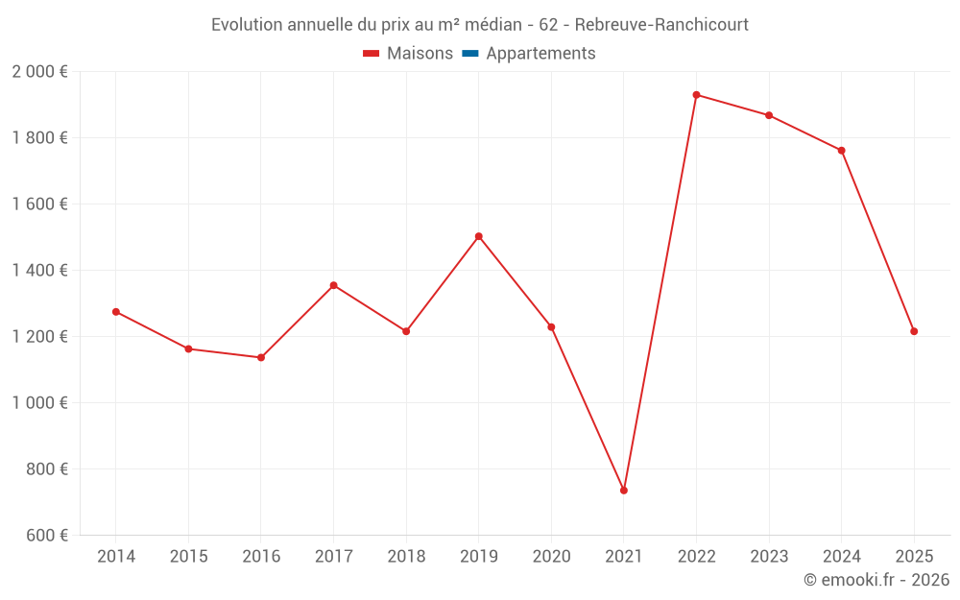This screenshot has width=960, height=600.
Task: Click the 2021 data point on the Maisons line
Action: [624, 491]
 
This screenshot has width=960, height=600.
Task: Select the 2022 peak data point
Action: [696, 95]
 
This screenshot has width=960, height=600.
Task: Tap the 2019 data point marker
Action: [479, 236]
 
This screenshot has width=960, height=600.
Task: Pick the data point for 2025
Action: [914, 331]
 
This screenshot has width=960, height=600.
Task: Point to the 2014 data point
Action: [116, 312]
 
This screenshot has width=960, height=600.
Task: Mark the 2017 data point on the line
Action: [333, 285]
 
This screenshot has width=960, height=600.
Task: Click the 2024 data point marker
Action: [842, 151]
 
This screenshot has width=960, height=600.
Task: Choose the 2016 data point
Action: [261, 358]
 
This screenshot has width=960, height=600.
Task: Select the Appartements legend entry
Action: [540, 54]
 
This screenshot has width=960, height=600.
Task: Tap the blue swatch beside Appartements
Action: [470, 54]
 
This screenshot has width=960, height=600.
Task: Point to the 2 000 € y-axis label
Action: [39, 72]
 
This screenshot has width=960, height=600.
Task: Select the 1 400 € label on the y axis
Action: [39, 271]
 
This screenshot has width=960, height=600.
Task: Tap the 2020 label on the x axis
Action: [551, 557]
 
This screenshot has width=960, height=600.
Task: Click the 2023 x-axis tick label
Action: [769, 557]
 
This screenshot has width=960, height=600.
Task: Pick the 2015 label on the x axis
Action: [188, 557]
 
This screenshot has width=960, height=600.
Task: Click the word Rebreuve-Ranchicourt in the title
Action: [661, 25]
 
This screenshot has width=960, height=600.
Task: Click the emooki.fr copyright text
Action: [876, 580]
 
